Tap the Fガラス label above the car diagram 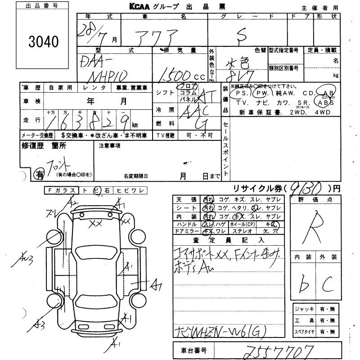pos(61,190)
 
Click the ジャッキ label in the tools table pos(301,309)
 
